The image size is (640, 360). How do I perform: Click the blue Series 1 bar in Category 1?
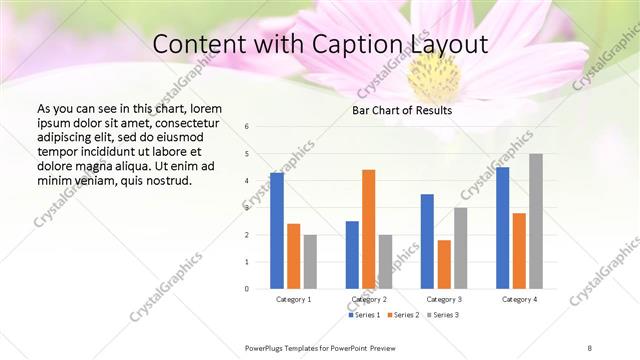[277, 231]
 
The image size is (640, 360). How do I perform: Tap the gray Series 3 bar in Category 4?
[536, 221]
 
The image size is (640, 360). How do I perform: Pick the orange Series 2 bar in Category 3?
[444, 264]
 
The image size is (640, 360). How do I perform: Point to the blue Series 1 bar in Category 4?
[502, 228]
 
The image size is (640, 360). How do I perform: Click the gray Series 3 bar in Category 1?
[310, 262]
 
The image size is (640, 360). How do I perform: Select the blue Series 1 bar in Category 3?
[427, 241]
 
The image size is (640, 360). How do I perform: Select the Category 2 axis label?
[369, 299]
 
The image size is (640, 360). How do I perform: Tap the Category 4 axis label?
[519, 299]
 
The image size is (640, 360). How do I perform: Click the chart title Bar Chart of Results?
[402, 110]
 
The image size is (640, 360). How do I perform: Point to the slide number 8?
[590, 348]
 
